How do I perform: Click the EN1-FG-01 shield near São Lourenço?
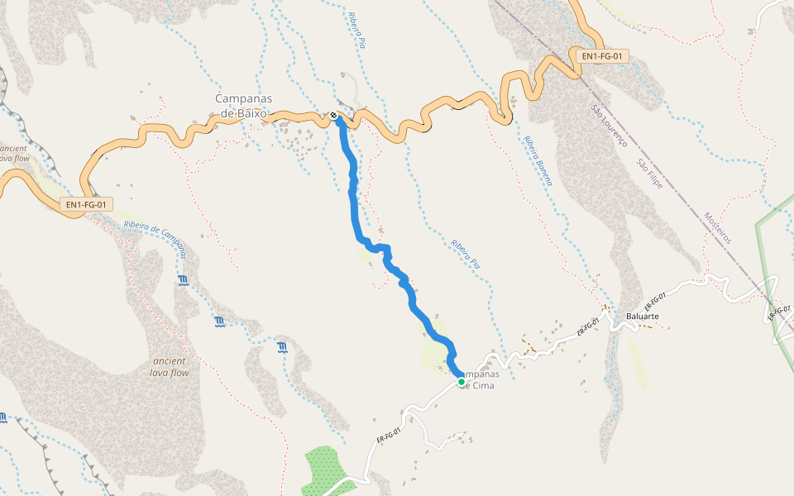point(601,56)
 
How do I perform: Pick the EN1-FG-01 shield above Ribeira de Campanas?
point(86,204)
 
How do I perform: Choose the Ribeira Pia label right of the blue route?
point(466,254)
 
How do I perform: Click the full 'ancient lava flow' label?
point(170,367)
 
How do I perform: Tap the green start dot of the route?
point(461,382)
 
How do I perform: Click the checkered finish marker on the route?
point(333,117)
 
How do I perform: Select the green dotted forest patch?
point(325,467)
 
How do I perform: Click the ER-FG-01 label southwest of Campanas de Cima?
point(388,436)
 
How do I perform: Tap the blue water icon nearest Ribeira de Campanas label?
point(183,281)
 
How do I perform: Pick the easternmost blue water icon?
point(283,346)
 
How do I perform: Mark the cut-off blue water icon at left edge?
point(3,417)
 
